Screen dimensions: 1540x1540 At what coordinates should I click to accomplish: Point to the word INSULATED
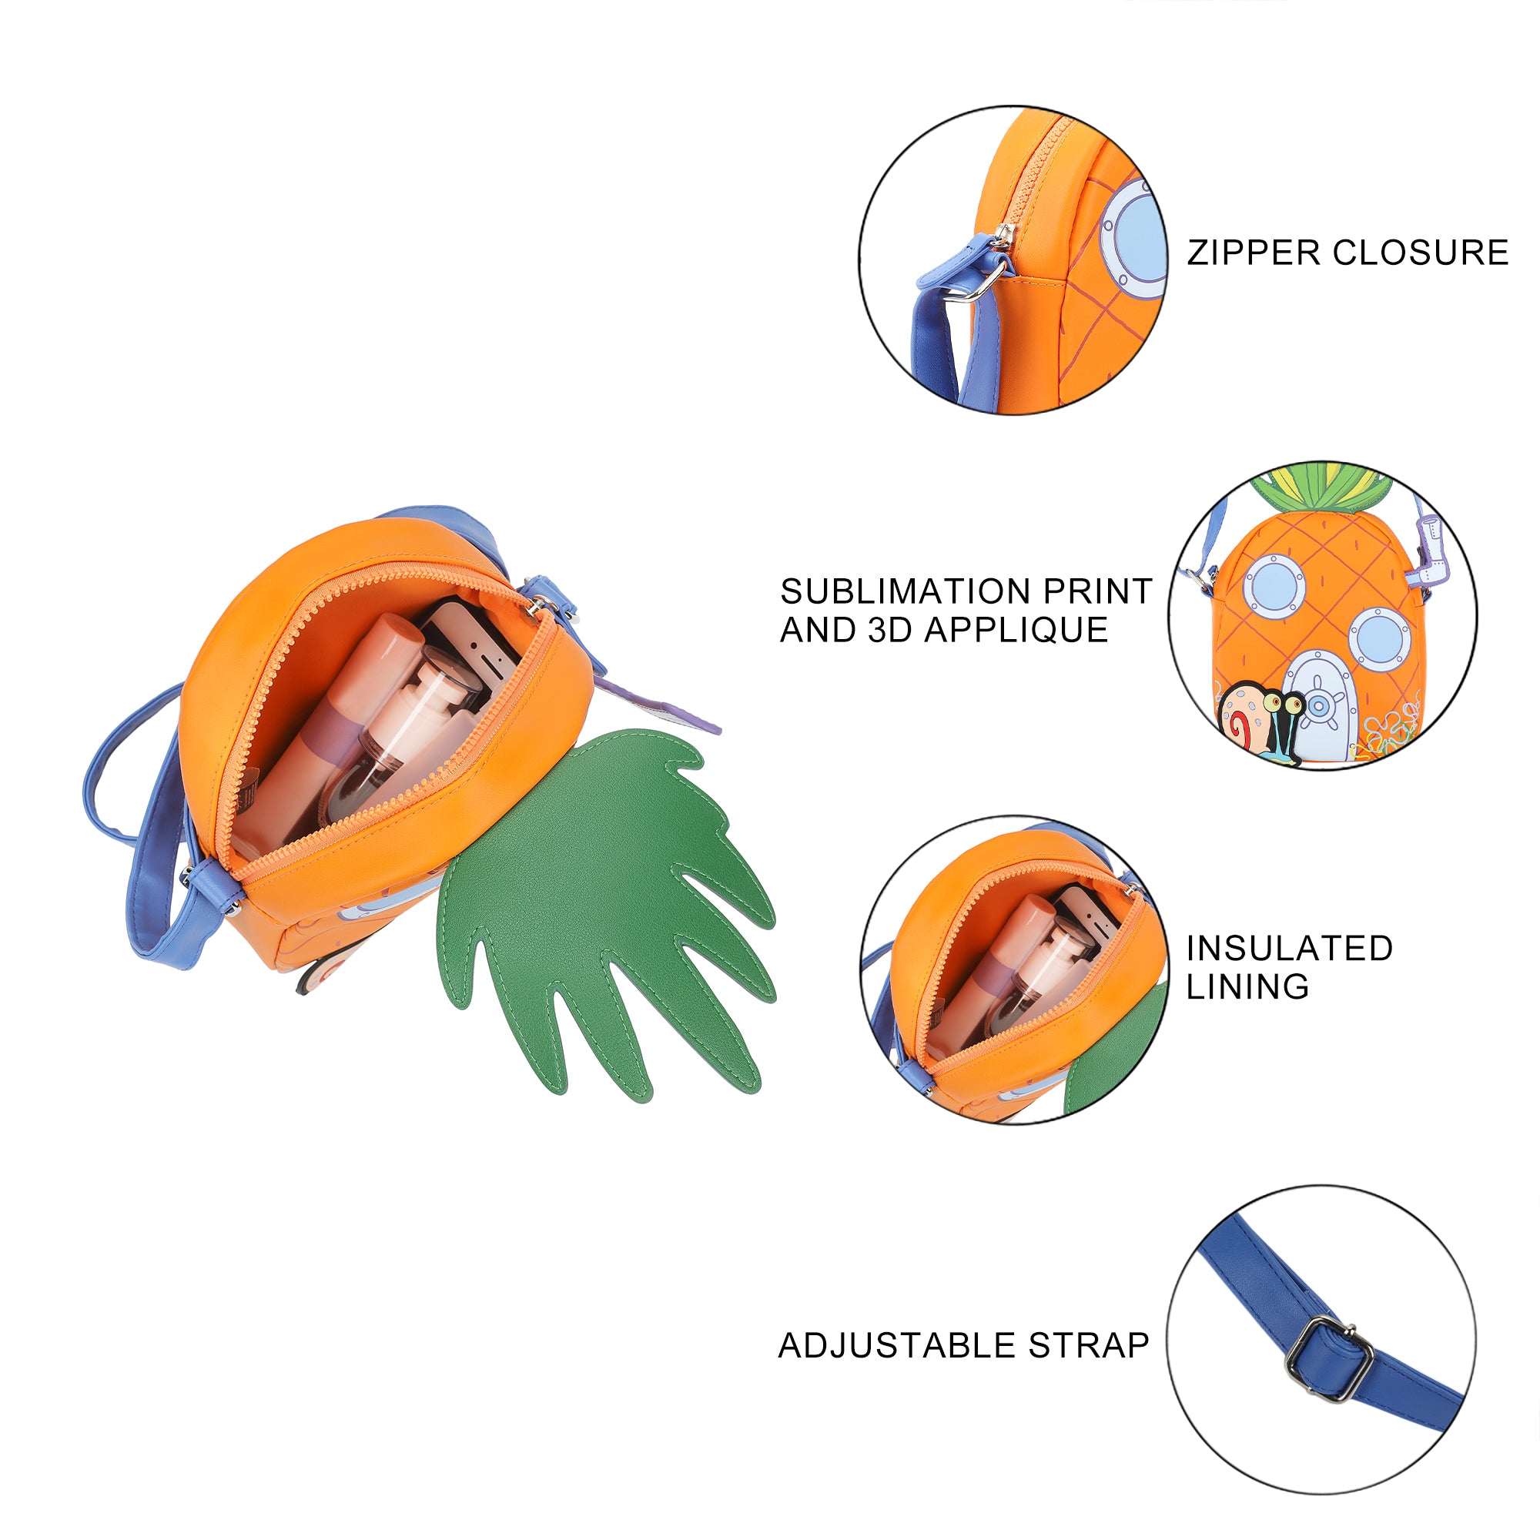pyautogui.click(x=1289, y=949)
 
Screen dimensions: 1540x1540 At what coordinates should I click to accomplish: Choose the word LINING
pyautogui.click(x=1247, y=987)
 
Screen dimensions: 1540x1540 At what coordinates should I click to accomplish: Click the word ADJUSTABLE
pyautogui.click(x=898, y=1345)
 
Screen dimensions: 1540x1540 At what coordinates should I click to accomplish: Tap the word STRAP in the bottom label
pyautogui.click(x=1088, y=1345)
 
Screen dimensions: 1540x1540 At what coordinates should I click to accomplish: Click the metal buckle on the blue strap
pyautogui.click(x=1329, y=1359)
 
